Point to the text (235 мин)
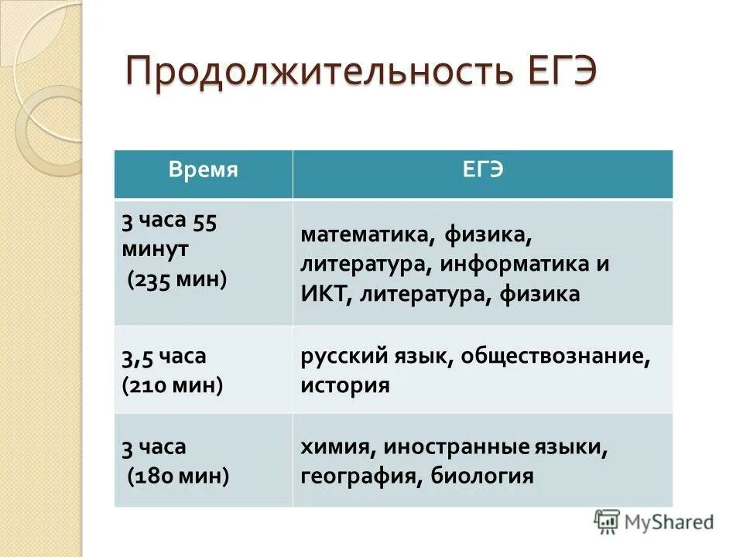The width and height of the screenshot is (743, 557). point(177,279)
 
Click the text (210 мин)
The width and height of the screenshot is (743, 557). point(173,384)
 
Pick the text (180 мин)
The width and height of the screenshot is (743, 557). point(178,476)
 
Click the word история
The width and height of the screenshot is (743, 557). point(345,384)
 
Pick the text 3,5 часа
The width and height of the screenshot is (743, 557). point(163,357)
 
